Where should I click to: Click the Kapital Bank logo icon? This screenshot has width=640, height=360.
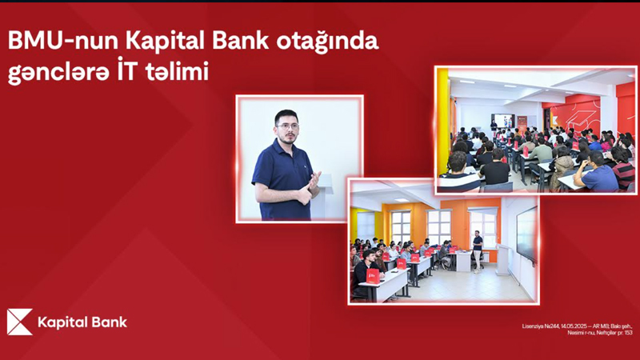tap(19, 322)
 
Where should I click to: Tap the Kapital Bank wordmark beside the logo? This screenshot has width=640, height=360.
tap(82, 322)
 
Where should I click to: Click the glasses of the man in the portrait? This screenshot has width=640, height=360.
tap(286, 125)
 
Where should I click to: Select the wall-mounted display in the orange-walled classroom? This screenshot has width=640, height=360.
tap(526, 231)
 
